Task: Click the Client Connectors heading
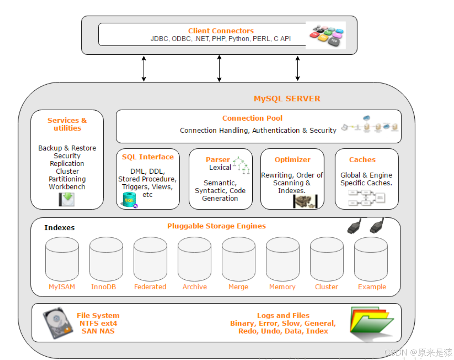click(x=221, y=31)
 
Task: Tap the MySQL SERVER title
click(x=287, y=99)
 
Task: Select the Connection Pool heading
click(x=252, y=118)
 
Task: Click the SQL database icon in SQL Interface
click(x=129, y=200)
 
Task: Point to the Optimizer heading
click(x=292, y=160)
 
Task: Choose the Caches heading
click(x=362, y=160)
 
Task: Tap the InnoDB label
click(x=103, y=287)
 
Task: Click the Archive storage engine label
click(x=194, y=287)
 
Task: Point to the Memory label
click(x=282, y=287)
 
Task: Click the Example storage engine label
click(x=372, y=287)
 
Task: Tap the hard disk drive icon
click(x=57, y=323)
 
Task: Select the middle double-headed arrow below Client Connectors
click(x=219, y=68)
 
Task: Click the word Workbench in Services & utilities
click(x=67, y=187)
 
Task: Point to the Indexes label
click(x=59, y=227)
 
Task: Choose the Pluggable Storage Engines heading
click(x=216, y=226)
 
